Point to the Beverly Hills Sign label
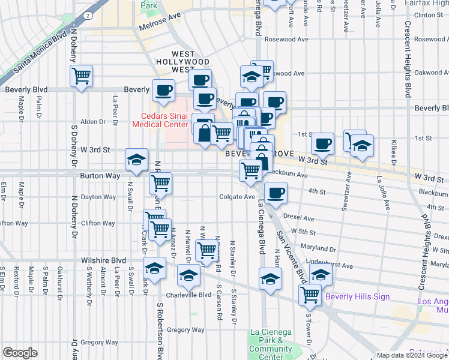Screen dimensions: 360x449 pyautogui.click(x=357, y=296)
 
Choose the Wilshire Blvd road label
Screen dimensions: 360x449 pyautogui.click(x=103, y=261)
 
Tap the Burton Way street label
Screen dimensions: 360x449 pyautogui.click(x=97, y=176)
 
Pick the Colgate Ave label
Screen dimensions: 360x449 pyautogui.click(x=237, y=197)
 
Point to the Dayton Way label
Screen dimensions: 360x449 pyautogui.click(x=98, y=197)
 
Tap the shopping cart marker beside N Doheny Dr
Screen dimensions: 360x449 pyautogui.click(x=81, y=76)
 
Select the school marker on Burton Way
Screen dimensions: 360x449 pyautogui.click(x=136, y=160)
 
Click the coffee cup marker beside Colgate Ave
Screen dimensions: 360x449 pyautogui.click(x=276, y=193)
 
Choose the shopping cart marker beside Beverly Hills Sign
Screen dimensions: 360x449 pyautogui.click(x=310, y=295)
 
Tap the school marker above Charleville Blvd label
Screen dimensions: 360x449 pyautogui.click(x=188, y=275)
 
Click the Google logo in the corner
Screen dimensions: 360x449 pyautogui.click(x=20, y=353)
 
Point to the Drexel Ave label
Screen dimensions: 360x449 pyautogui.click(x=300, y=218)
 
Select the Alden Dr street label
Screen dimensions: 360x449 pyautogui.click(x=93, y=121)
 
